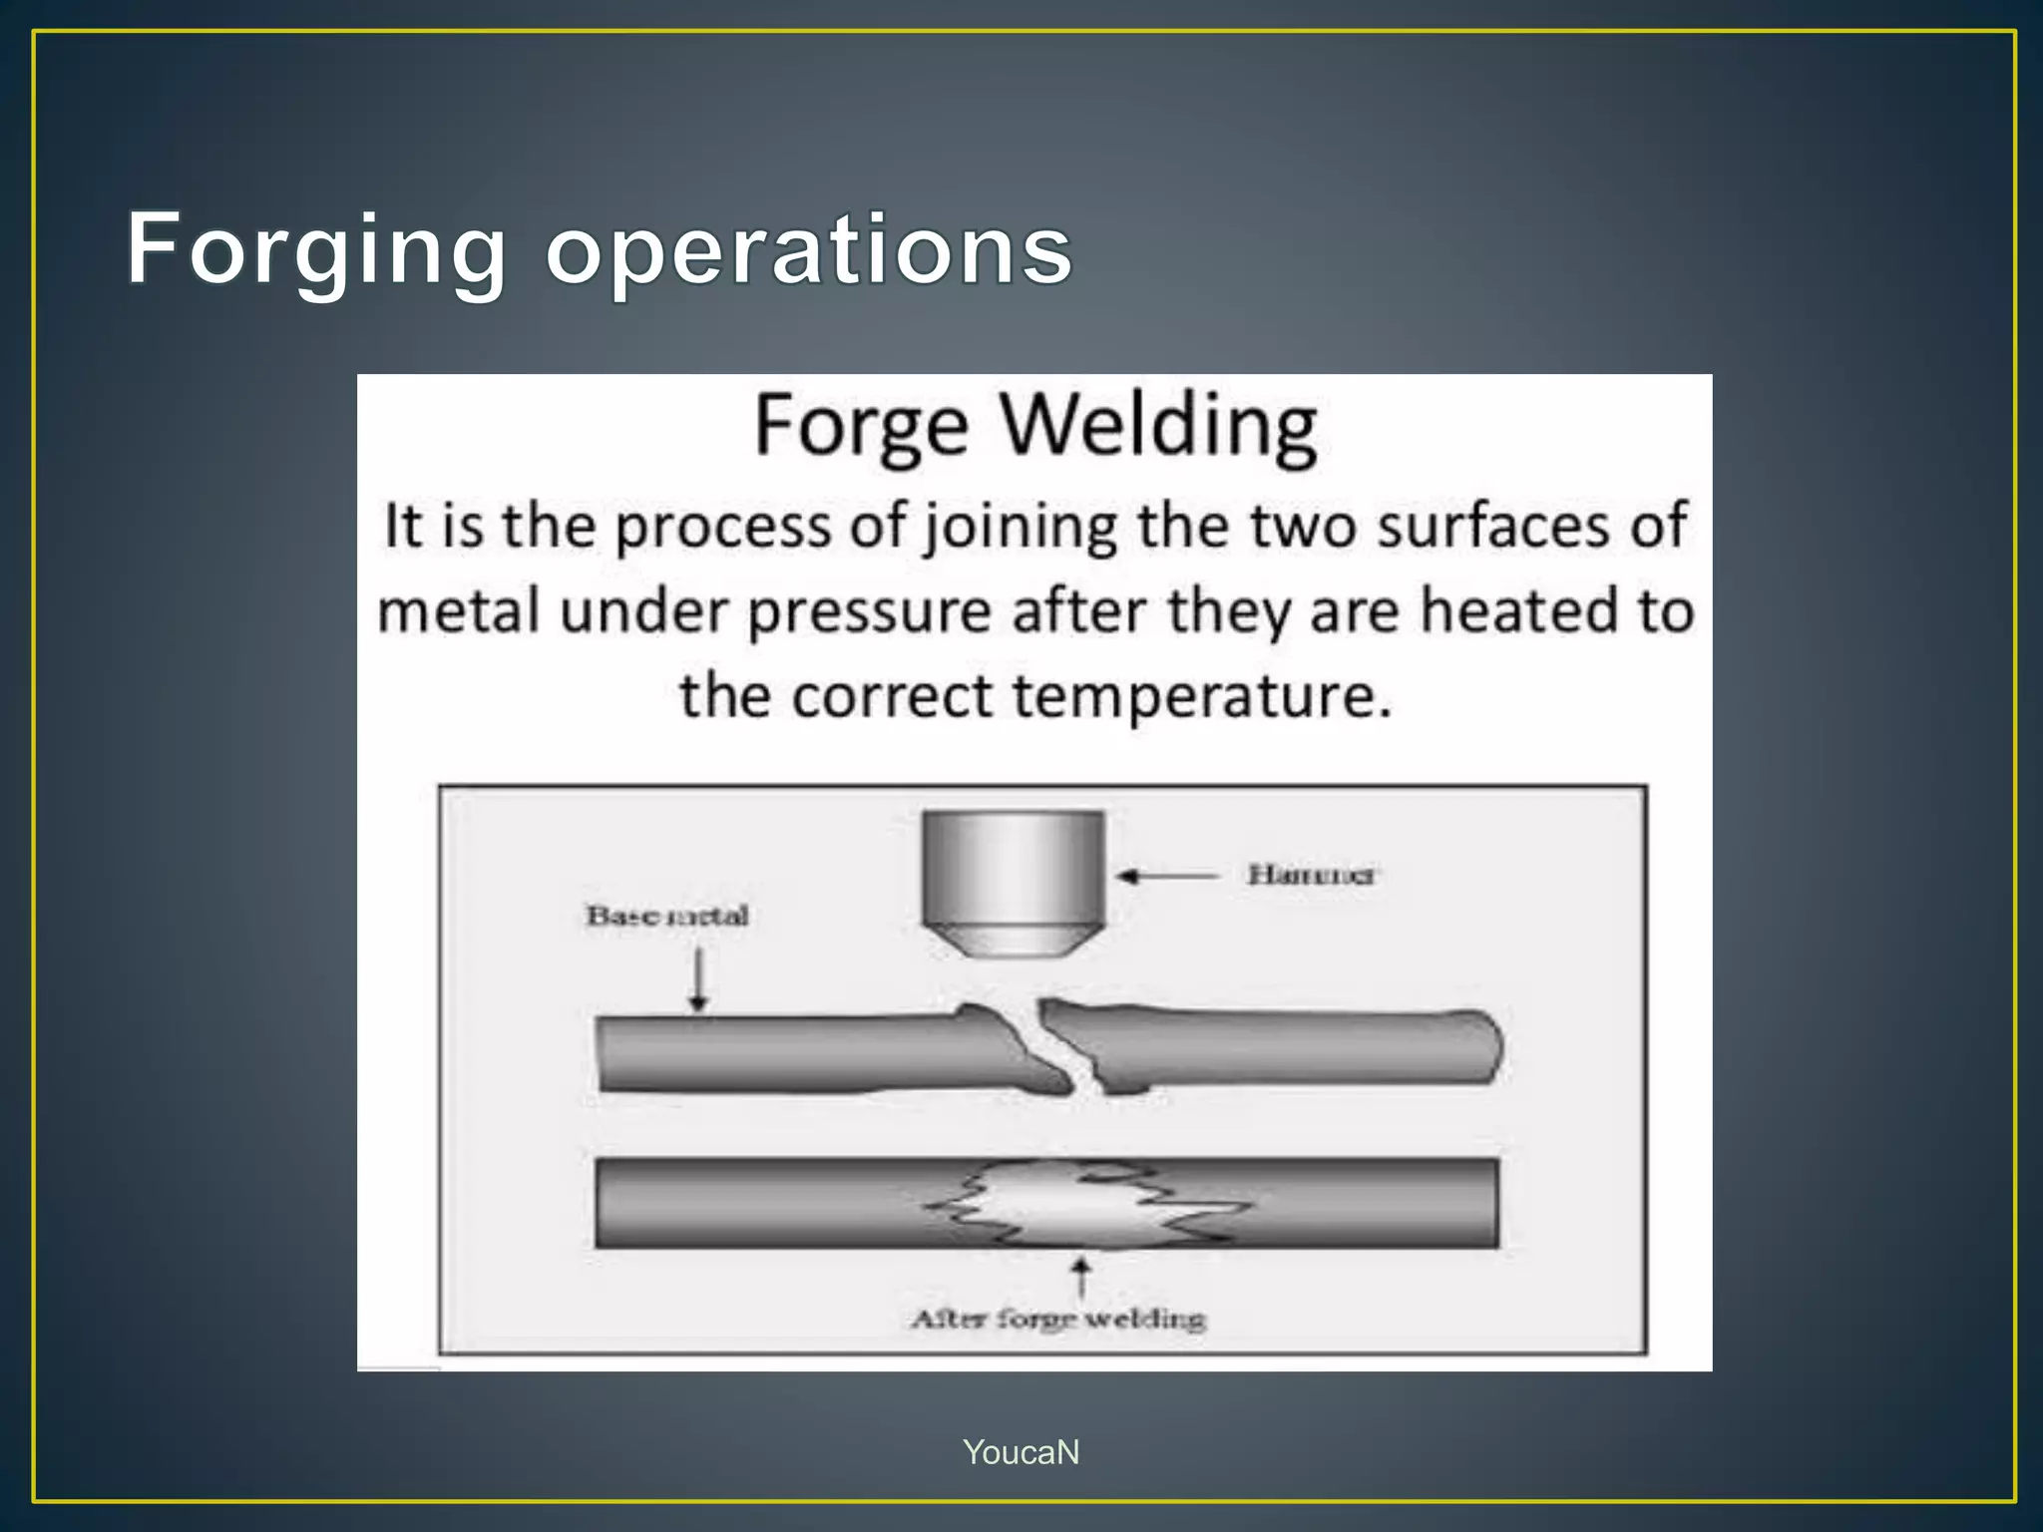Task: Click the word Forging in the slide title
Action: point(316,249)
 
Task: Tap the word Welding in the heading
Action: point(1158,427)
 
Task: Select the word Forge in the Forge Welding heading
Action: point(861,427)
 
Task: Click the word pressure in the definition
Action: point(869,611)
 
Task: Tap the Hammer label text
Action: point(1310,875)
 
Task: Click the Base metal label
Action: point(666,915)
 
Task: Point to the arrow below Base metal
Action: point(698,979)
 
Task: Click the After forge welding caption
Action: point(1058,1319)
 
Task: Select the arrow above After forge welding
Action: point(1080,1278)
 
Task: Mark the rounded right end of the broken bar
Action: point(1486,1046)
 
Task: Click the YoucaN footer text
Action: point(1021,1452)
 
